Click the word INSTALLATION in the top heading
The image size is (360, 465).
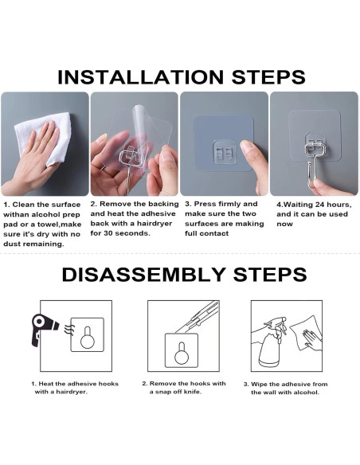tap(140, 77)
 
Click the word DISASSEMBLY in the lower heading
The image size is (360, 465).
tap(144, 275)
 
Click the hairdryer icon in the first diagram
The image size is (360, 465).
tap(44, 329)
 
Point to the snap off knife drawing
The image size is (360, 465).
tap(198, 316)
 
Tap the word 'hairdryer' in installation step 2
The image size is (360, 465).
tap(155, 223)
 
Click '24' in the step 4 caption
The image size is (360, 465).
tap(316, 205)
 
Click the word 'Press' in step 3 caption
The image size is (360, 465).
tap(205, 204)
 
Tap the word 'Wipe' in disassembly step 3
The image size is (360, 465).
tap(259, 384)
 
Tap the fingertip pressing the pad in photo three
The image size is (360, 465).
tap(247, 147)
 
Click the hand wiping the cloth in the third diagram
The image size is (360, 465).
tap(311, 339)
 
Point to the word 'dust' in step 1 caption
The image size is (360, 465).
tap(12, 244)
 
